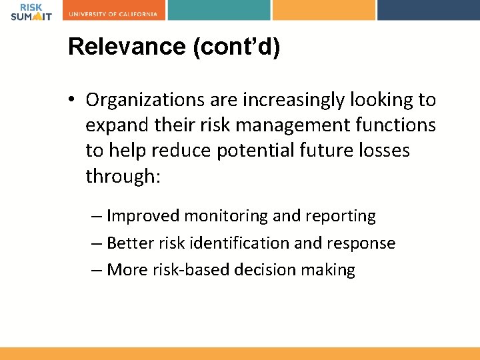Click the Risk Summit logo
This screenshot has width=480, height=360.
pyautogui.click(x=31, y=11)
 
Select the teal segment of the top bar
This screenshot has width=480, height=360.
pyautogui.click(x=219, y=9)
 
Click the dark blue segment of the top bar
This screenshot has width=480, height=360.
pyautogui.click(x=428, y=9)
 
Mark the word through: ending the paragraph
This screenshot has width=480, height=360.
pyautogui.click(x=123, y=176)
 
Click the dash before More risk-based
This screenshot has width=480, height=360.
pyautogui.click(x=97, y=270)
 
